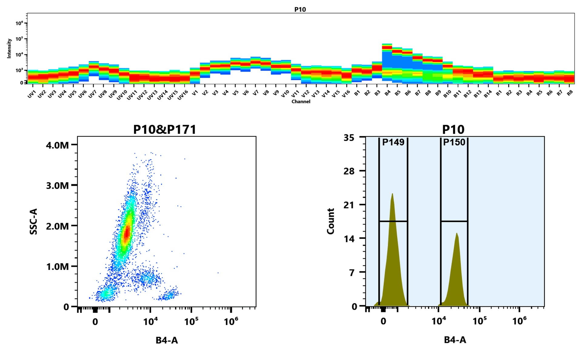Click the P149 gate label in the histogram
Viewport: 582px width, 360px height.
(x=393, y=142)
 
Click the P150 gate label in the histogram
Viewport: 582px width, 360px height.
(x=454, y=142)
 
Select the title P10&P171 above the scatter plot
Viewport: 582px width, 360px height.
(x=165, y=130)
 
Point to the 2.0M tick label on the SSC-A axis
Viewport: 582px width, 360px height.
(x=57, y=226)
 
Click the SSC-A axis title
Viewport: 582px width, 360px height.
(x=33, y=221)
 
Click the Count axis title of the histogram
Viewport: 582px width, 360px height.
(x=330, y=221)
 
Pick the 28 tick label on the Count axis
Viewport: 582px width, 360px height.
(x=349, y=171)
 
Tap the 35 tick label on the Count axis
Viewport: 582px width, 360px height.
(x=349, y=138)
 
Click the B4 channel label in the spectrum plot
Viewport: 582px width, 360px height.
(x=387, y=93)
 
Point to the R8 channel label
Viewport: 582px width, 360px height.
(x=570, y=93)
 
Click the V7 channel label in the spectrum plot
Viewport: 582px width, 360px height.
(x=256, y=93)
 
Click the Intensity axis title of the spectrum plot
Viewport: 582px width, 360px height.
(x=9, y=48)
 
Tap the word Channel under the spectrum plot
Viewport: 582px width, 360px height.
(x=301, y=102)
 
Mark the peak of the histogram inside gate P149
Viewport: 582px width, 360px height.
(x=392, y=194)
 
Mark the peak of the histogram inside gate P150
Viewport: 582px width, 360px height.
(x=457, y=234)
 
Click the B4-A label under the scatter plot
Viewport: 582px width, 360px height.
(x=167, y=340)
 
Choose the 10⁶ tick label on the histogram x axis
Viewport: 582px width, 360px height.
(x=519, y=321)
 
